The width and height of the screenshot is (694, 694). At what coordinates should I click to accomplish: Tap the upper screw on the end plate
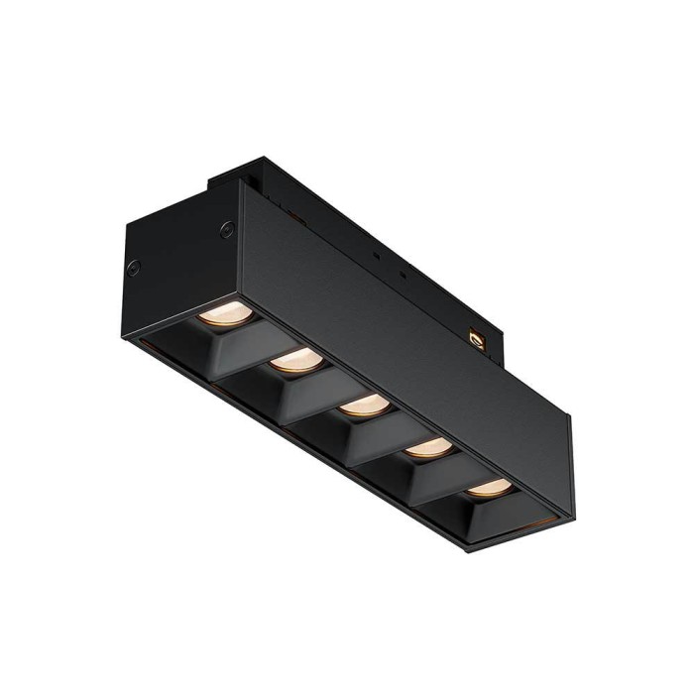click(227, 231)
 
